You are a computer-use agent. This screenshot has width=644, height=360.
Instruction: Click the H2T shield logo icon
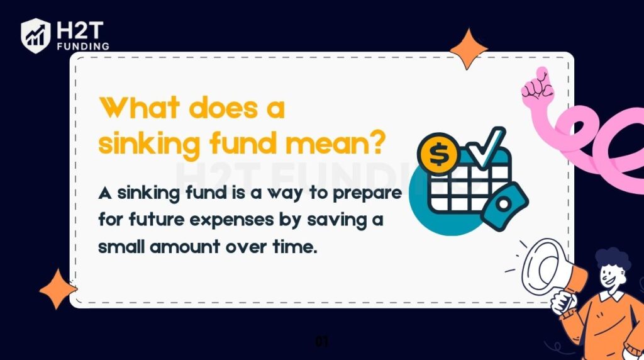pos(35,35)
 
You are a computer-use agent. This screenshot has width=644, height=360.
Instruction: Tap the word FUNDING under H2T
pos(82,46)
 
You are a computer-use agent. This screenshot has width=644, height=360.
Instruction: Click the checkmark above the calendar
pos(486,145)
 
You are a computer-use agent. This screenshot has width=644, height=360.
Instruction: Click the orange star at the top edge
pos(469,48)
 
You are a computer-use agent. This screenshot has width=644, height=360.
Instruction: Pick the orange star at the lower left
pos(58,289)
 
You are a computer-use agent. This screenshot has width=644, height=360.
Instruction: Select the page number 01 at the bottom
pos(322,342)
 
